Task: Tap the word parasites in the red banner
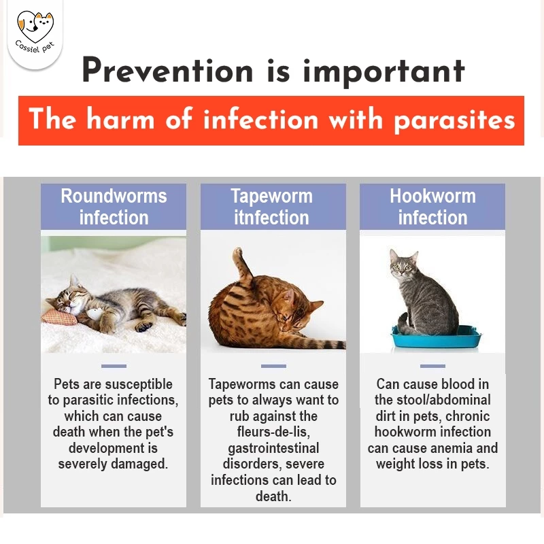454,120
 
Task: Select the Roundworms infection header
114,207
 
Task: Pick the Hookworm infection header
432,207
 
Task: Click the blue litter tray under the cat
436,337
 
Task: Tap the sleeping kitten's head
70,296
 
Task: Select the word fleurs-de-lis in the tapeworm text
273,432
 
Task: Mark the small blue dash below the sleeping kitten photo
114,366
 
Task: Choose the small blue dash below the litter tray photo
432,366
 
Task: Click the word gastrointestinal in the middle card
273,448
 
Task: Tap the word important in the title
384,72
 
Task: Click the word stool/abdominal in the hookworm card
444,400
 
